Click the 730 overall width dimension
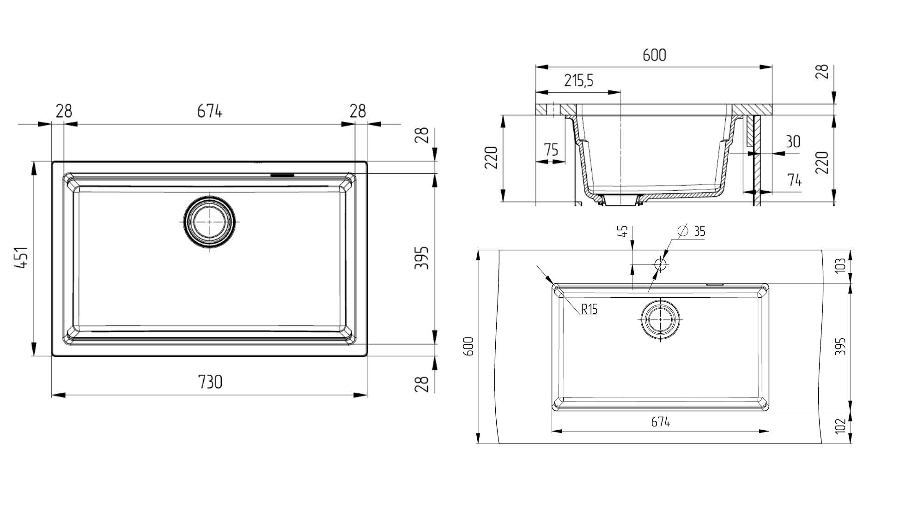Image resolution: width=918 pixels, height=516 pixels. pos(210,382)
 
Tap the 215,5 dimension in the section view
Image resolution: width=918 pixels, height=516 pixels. pos(578,81)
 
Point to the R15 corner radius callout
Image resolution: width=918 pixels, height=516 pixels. pos(589,309)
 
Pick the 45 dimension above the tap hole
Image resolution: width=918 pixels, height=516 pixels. pos(623,231)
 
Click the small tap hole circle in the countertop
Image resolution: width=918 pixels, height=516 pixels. pos(660,264)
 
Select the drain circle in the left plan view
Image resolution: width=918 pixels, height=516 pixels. pos(209,222)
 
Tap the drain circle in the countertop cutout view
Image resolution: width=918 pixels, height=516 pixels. pos(660,319)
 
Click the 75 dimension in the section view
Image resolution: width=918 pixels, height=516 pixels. pos(551,150)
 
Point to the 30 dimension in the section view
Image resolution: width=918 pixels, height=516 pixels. pos(793,141)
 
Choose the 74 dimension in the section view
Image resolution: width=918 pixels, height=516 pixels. pos(794,180)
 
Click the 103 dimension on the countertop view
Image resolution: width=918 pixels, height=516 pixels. pos(841,265)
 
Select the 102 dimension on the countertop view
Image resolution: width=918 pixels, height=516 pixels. pos(841,425)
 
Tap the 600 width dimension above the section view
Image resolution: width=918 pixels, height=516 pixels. pos(654,55)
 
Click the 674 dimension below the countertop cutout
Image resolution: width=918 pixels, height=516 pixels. pos(660,422)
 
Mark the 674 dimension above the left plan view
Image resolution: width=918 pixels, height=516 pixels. pos(209,111)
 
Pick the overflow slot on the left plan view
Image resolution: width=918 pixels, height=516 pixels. pos(281,175)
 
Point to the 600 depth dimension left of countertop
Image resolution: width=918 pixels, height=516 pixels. pos(468,346)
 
